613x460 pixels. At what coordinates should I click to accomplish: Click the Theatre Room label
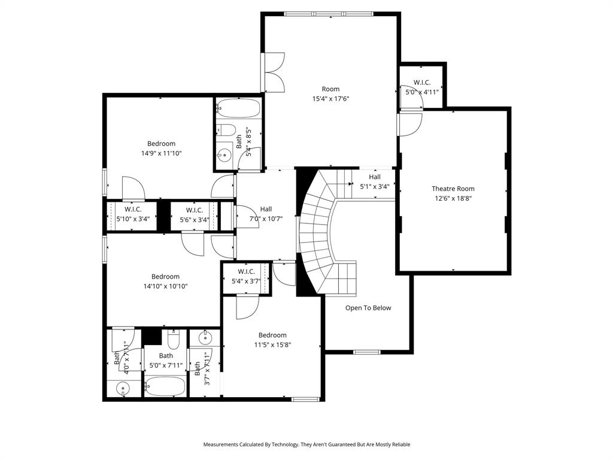point(453,189)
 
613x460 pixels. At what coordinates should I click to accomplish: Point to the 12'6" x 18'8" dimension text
point(453,198)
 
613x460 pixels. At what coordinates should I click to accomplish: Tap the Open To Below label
point(368,308)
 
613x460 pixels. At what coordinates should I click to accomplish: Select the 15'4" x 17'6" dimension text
point(330,99)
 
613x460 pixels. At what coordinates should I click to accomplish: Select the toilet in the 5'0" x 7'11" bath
point(174,341)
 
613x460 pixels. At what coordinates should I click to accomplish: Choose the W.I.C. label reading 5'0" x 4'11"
point(422,83)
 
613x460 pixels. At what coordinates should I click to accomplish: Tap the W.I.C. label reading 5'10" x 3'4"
point(133,210)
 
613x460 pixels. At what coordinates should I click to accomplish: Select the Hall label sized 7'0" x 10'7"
point(266,209)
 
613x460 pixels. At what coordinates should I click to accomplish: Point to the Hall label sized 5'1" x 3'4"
point(374,177)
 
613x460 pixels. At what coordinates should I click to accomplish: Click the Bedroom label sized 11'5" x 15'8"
point(272,335)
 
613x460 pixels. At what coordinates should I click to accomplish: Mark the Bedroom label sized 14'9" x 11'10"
point(161,144)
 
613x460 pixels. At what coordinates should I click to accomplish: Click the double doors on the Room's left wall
point(274,73)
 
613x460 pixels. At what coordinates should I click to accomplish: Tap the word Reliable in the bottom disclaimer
point(399,444)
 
